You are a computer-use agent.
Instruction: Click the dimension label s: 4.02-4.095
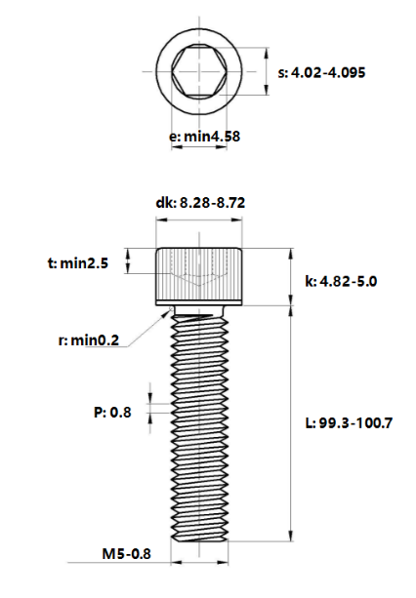point(322,72)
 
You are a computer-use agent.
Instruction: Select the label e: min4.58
point(205,137)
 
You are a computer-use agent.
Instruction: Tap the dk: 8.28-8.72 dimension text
point(200,203)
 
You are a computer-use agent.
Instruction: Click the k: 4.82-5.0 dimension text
point(341,281)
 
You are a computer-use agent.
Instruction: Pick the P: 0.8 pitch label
point(112,412)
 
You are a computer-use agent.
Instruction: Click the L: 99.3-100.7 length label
point(348,422)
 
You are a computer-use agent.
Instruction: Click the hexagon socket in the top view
point(200,71)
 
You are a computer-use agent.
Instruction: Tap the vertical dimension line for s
point(267,71)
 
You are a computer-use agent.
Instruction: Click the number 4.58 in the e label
point(224,137)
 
